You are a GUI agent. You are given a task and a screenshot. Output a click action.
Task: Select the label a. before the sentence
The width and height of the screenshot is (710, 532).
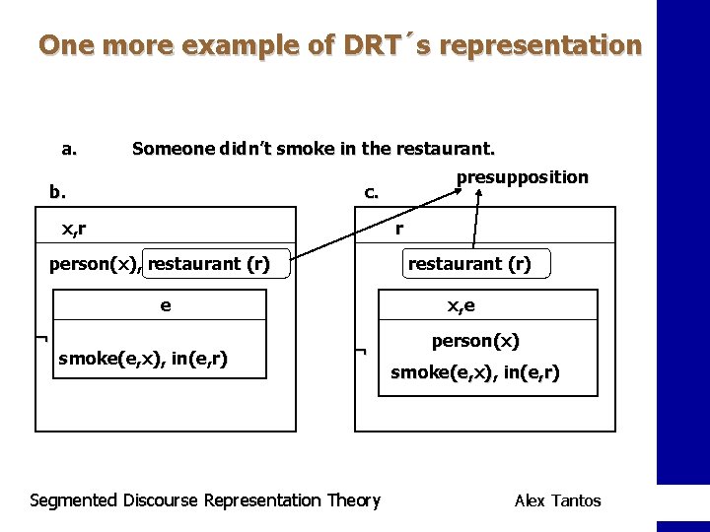point(69,150)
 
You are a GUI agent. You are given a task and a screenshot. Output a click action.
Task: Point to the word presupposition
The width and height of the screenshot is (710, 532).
point(522,177)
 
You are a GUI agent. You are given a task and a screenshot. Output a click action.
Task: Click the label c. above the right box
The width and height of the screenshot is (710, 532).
point(371,193)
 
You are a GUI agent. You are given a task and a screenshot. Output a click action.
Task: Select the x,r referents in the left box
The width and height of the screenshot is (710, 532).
point(74,230)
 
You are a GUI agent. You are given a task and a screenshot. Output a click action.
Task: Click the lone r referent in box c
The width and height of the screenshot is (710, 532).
point(399,230)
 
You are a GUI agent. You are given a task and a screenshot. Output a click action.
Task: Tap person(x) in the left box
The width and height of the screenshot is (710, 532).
point(95,264)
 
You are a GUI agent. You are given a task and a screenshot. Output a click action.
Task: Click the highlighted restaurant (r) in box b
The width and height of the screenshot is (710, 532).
point(208,264)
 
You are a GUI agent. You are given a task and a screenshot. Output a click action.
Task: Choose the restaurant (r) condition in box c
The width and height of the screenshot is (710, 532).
point(469,264)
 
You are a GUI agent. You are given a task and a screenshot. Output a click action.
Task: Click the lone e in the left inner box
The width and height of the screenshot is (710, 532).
point(165,305)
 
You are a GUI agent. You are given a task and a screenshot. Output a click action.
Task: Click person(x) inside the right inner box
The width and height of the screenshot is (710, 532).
point(475,341)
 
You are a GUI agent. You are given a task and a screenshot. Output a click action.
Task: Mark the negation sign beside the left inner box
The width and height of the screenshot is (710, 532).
point(40,339)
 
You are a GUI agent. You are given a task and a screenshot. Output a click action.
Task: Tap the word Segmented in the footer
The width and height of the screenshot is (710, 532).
point(74,500)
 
